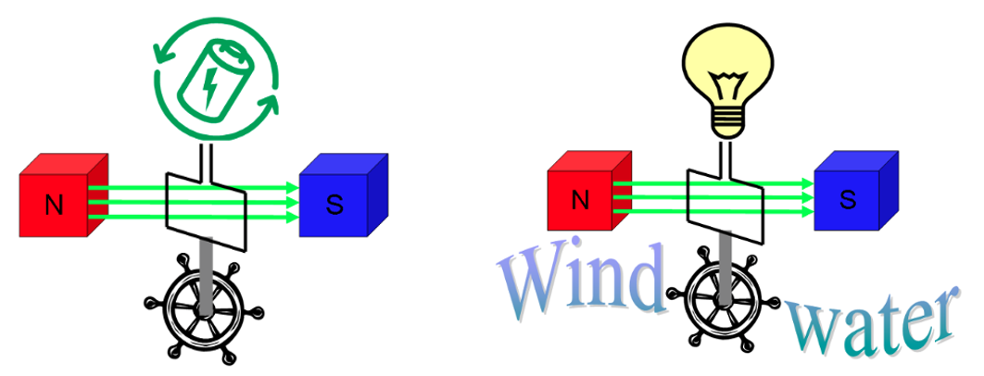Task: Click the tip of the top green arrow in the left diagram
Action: click(299, 187)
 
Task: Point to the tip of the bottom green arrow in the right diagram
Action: click(814, 211)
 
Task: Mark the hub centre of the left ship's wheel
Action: click(203, 308)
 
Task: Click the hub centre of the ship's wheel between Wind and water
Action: click(725, 300)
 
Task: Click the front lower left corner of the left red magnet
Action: click(20, 237)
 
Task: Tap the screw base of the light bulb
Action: click(726, 124)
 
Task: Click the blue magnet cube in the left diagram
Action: click(343, 195)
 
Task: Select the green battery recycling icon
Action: click(215, 78)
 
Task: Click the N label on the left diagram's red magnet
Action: click(54, 206)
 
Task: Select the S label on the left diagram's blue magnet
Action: click(334, 206)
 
